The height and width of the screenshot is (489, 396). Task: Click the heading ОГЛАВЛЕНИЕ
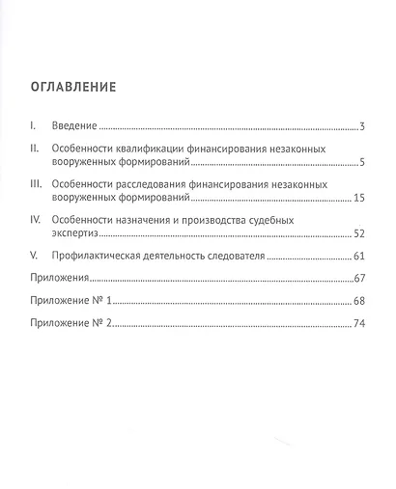(73, 86)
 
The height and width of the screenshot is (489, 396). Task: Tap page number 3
(359, 126)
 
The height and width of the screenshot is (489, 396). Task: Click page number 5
(359, 161)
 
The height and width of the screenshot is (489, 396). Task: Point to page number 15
(356, 197)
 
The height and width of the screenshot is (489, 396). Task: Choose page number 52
(356, 232)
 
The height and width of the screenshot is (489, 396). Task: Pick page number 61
(356, 258)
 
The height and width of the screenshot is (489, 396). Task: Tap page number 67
(356, 280)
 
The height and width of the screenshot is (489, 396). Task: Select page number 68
(356, 302)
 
